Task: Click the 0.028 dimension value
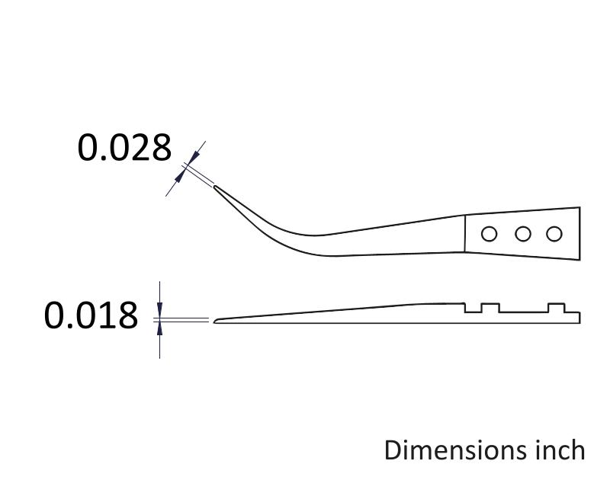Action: point(124,147)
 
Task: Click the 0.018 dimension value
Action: point(91,315)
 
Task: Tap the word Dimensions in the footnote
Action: point(453,450)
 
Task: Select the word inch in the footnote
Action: point(557,450)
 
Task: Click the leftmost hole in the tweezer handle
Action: point(489,234)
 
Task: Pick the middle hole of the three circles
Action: point(523,234)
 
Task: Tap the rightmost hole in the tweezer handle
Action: point(554,234)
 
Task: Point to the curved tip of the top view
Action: point(214,187)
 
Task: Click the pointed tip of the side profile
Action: point(214,321)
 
